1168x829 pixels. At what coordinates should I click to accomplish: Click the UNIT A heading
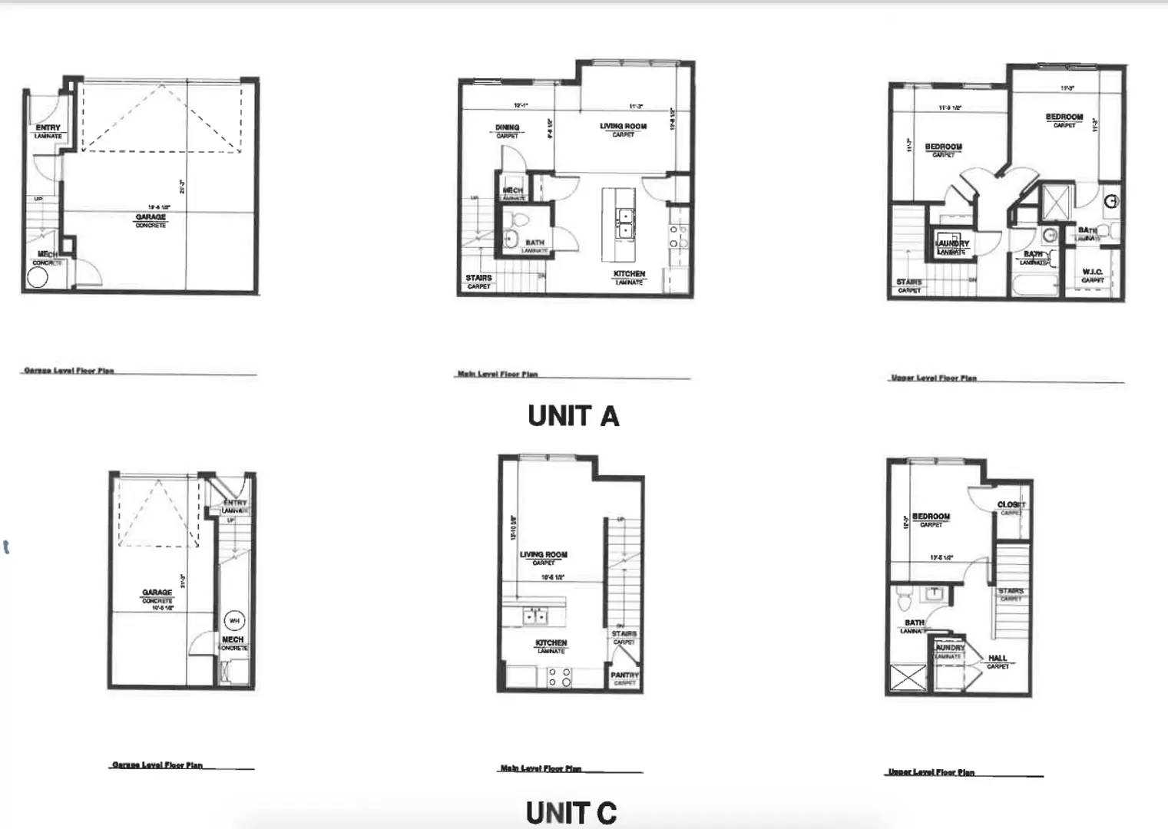tap(573, 416)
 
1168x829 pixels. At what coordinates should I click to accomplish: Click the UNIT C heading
tap(571, 813)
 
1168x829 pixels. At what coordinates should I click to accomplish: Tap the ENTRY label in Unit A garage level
tap(48, 128)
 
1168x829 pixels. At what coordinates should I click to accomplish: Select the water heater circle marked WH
tap(233, 620)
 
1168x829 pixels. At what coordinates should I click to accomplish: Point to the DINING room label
tap(507, 127)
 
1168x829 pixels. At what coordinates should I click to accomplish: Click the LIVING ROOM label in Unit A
tap(623, 127)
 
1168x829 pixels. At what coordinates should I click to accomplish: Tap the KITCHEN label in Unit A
tap(629, 274)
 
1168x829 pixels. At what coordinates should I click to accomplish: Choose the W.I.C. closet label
tap(1092, 272)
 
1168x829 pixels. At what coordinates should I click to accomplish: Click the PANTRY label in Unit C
tap(624, 675)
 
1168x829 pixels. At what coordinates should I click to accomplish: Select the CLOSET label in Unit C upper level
tap(1011, 504)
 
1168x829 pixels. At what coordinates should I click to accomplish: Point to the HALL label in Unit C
tap(998, 658)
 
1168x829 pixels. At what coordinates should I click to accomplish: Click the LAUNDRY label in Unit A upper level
tap(952, 243)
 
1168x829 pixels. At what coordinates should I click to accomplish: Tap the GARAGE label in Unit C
tap(157, 593)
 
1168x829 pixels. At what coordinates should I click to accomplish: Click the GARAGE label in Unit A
tap(151, 217)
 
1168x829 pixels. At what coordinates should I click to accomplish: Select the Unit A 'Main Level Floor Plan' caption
tap(498, 375)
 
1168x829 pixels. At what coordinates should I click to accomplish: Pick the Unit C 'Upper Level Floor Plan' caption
tap(931, 772)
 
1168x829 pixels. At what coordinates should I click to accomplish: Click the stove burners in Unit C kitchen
tap(559, 676)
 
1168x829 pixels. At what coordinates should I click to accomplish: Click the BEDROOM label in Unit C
tap(931, 517)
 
